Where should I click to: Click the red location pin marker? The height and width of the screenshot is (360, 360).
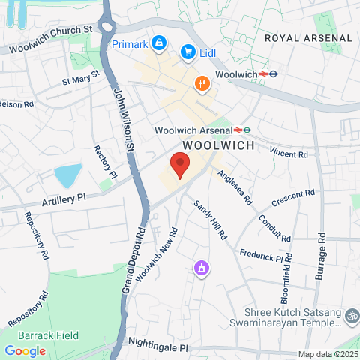point(178,163)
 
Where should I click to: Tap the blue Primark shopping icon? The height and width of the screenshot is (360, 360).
point(159,44)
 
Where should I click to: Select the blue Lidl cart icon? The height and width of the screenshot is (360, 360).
point(187,52)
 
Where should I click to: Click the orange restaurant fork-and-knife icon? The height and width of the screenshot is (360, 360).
point(202,83)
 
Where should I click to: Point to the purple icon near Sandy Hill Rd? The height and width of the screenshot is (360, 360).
point(200,268)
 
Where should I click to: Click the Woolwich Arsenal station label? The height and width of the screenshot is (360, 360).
point(193,130)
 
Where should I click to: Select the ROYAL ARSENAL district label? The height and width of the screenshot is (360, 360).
point(308,37)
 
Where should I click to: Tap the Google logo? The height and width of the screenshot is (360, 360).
point(25,350)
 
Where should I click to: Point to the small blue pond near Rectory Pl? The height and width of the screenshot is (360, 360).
point(68,176)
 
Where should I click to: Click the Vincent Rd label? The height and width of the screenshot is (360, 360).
point(289,153)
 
